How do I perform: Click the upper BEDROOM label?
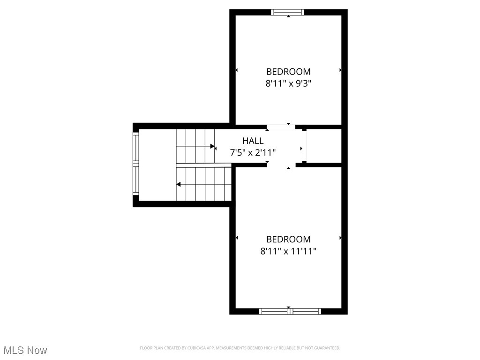coord(288,72)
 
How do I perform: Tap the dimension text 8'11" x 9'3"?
coord(288,84)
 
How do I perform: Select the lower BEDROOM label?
coord(288,239)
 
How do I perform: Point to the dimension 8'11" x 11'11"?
coord(288,251)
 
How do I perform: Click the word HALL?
coord(253,141)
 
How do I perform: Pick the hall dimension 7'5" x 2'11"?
coord(253,152)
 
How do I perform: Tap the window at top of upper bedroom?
coord(288,13)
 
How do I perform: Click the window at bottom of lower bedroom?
coord(290,311)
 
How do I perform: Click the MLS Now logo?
coord(25,350)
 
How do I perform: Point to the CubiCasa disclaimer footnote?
coord(240,348)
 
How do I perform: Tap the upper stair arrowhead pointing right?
coord(213,147)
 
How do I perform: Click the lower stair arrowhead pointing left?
coord(178,184)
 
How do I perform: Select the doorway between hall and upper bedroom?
coord(281,127)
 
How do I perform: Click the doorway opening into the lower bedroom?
coord(281,165)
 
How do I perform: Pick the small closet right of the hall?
coord(323,146)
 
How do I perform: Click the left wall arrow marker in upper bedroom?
coord(237,70)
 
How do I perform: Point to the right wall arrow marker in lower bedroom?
coord(340,238)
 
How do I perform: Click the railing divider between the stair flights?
coord(204,165)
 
